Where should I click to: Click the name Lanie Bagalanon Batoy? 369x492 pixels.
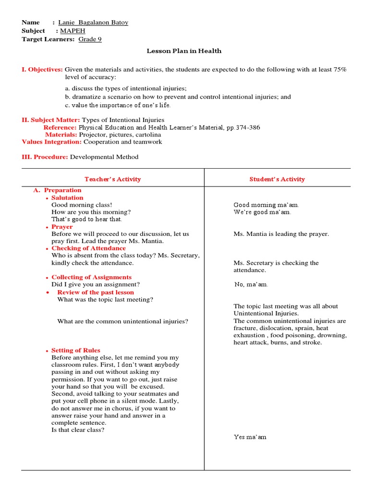[93, 23]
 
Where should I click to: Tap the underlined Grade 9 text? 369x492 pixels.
[90, 39]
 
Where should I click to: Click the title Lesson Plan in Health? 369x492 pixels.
[184, 51]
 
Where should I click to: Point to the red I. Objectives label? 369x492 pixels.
[42, 70]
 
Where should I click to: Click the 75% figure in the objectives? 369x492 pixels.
[340, 70]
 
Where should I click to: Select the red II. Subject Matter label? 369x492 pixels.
[51, 120]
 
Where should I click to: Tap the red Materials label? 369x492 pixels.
[61, 135]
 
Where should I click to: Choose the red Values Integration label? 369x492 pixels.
[52, 142]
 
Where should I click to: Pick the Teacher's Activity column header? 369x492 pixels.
[113, 179]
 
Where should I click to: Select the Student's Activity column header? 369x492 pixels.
[277, 179]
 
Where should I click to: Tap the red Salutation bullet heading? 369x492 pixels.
[67, 197]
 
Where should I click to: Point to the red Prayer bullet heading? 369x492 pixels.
[62, 227]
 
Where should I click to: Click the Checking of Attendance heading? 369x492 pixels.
[88, 248]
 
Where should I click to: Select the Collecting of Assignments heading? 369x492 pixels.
[91, 277]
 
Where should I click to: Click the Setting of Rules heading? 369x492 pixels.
[76, 350]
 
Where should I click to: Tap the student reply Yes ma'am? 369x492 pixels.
[250, 437]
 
